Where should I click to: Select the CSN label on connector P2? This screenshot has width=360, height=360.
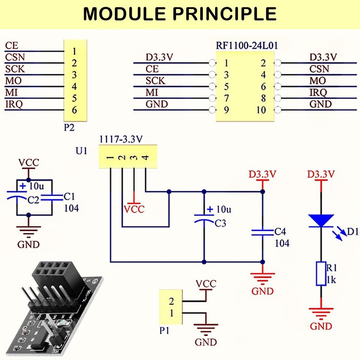click(15, 57)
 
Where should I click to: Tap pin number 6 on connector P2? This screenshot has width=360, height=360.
click(74, 110)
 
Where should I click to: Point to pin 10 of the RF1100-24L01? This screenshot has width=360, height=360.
click(261, 110)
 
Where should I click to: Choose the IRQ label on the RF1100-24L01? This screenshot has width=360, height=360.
click(318, 92)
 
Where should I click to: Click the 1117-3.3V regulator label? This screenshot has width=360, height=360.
click(121, 139)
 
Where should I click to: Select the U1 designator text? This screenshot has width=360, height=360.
click(81, 151)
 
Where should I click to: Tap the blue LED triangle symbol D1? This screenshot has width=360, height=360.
click(320, 220)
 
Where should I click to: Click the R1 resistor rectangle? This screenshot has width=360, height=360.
click(320, 273)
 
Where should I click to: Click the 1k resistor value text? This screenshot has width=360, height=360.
click(331, 280)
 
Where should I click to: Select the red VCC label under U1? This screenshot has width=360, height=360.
click(134, 209)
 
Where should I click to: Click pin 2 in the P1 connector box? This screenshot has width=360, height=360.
click(171, 301)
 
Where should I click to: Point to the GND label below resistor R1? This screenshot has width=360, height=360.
click(321, 326)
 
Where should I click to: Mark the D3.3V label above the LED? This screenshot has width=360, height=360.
click(321, 174)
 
